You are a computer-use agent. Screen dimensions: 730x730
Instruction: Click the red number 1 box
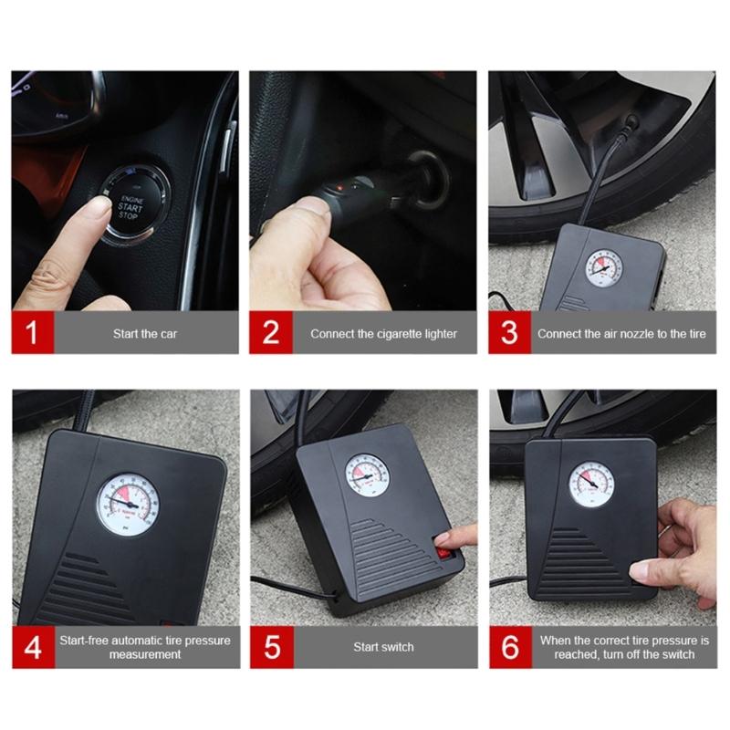click(33, 333)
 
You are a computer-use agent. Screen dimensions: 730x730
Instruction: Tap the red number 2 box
click(271, 333)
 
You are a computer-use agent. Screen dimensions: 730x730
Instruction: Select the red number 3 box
click(509, 333)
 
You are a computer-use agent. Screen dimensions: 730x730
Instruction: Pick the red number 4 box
click(33, 647)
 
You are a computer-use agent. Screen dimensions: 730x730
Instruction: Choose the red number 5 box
click(271, 647)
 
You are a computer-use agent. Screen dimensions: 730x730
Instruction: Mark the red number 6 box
click(509, 647)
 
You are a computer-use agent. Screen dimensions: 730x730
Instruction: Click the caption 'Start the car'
click(145, 334)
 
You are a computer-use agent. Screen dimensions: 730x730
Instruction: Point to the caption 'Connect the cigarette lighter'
click(383, 334)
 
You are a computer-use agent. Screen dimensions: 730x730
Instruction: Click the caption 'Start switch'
click(383, 647)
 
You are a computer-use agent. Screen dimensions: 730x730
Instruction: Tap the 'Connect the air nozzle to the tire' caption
click(621, 334)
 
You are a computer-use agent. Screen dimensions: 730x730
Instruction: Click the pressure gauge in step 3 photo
click(603, 268)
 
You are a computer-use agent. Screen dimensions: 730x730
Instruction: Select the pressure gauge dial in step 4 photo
click(128, 504)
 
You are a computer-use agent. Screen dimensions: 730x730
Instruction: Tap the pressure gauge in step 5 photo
click(367, 474)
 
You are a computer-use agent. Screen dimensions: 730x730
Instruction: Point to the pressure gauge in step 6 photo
click(591, 484)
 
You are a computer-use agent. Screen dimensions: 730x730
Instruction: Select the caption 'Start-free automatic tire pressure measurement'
click(145, 647)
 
